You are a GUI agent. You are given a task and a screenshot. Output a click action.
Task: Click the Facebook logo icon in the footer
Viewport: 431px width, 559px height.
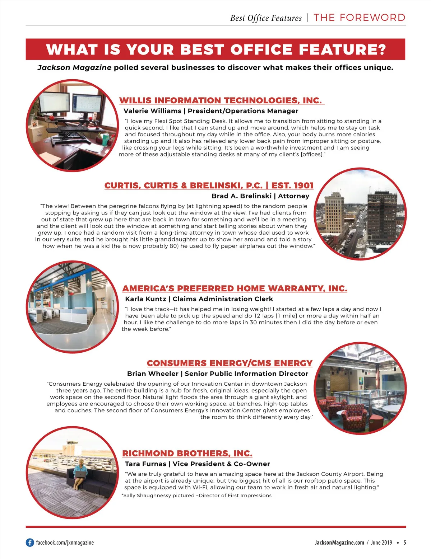[x=30, y=542]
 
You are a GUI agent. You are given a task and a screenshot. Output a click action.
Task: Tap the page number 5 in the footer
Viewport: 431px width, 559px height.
[x=405, y=542]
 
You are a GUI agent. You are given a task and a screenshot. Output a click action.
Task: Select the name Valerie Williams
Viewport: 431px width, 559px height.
[x=152, y=111]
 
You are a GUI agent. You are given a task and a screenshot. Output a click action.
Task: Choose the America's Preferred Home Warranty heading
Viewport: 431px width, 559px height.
[x=235, y=288]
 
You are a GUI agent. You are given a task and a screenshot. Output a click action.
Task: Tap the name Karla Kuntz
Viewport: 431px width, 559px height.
[x=145, y=299]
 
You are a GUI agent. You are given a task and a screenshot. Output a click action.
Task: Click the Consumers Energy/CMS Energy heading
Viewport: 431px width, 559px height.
[x=230, y=363]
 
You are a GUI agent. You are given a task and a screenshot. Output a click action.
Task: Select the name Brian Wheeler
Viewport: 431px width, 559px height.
[x=153, y=374]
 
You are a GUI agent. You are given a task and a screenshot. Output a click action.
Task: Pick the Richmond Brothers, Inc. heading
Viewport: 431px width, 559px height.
[x=187, y=453]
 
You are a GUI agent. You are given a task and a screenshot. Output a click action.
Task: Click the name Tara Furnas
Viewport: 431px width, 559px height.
[x=145, y=464]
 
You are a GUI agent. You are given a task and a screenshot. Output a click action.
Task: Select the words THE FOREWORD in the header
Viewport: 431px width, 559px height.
[x=359, y=18]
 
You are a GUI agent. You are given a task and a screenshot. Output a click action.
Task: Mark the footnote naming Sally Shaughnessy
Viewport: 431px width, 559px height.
[x=197, y=495]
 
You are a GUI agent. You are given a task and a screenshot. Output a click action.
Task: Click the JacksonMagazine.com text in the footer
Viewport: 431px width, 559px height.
[x=339, y=542]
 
